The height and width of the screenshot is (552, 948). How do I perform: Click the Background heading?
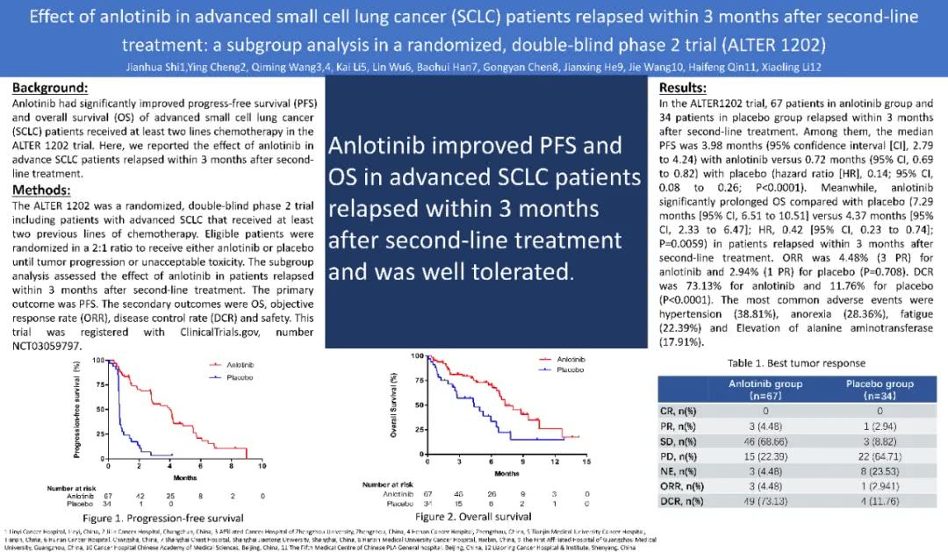[50, 88]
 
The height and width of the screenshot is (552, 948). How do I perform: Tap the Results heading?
[682, 88]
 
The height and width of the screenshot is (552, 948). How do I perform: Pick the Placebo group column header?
[879, 390]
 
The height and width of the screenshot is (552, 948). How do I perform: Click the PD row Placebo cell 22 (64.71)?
[879, 456]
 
